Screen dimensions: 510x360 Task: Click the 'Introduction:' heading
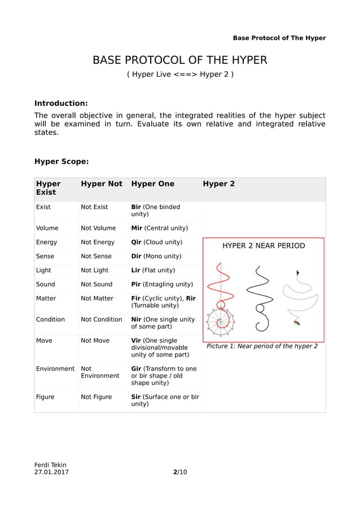[61, 103]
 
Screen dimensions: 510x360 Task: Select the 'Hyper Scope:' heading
[62, 162]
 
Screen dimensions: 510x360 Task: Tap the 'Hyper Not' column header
[102, 184]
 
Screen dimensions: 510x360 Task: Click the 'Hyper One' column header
[152, 184]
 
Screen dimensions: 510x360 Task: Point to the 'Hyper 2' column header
[219, 184]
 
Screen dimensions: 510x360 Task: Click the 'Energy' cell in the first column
[46, 242]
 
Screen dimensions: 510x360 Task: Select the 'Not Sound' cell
[96, 284]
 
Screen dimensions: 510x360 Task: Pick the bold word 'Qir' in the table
[136, 242]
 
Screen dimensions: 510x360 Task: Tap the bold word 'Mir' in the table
[137, 228]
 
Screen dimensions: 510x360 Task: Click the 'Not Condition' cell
[102, 319]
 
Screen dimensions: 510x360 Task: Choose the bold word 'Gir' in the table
[136, 369]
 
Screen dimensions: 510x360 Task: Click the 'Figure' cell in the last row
[45, 397]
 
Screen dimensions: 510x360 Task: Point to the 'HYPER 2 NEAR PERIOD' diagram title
[264, 246]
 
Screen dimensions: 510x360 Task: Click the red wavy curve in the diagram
[222, 282]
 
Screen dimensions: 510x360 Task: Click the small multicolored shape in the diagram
[297, 323]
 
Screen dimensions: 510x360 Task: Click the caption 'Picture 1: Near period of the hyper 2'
[262, 346]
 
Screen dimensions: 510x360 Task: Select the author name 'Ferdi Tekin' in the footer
[50, 465]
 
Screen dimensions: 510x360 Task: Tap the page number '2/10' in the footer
[179, 472]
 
